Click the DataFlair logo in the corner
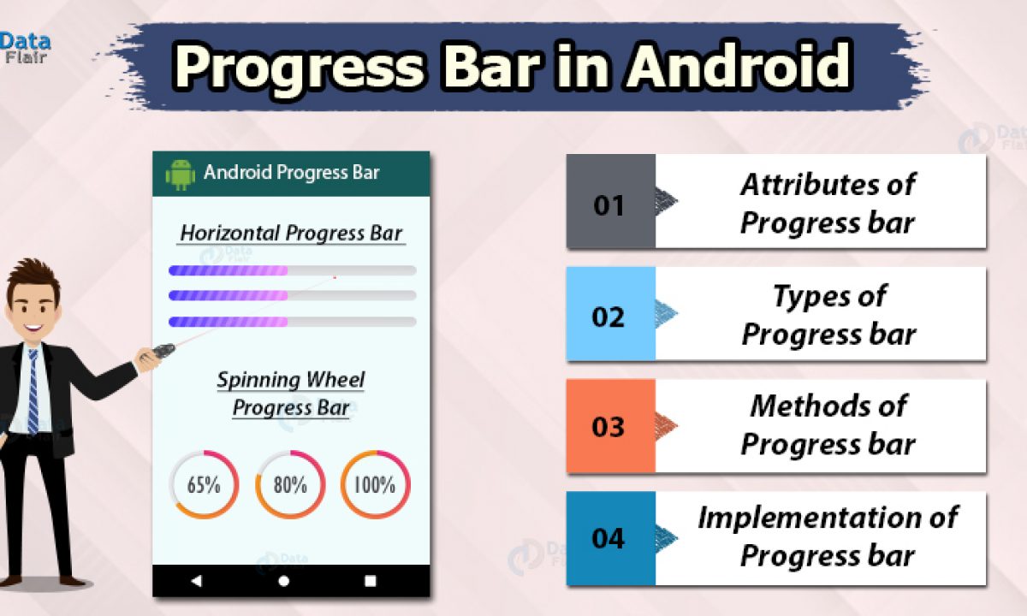pyautogui.click(x=25, y=48)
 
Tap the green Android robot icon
pyautogui.click(x=180, y=175)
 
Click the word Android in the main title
pyautogui.click(x=739, y=66)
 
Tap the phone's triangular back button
pyautogui.click(x=196, y=581)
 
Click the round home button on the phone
pyautogui.click(x=284, y=581)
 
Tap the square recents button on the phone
pyautogui.click(x=370, y=581)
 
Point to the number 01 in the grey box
pyautogui.click(x=608, y=205)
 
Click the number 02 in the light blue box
pyautogui.click(x=608, y=317)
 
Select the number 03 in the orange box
pyautogui.click(x=608, y=427)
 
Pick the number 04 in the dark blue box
pyautogui.click(x=608, y=538)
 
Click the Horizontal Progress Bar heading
pyautogui.click(x=291, y=234)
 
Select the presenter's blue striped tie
pyautogui.click(x=33, y=392)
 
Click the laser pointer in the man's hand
pyautogui.click(x=163, y=351)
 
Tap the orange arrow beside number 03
pyautogui.click(x=666, y=426)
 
